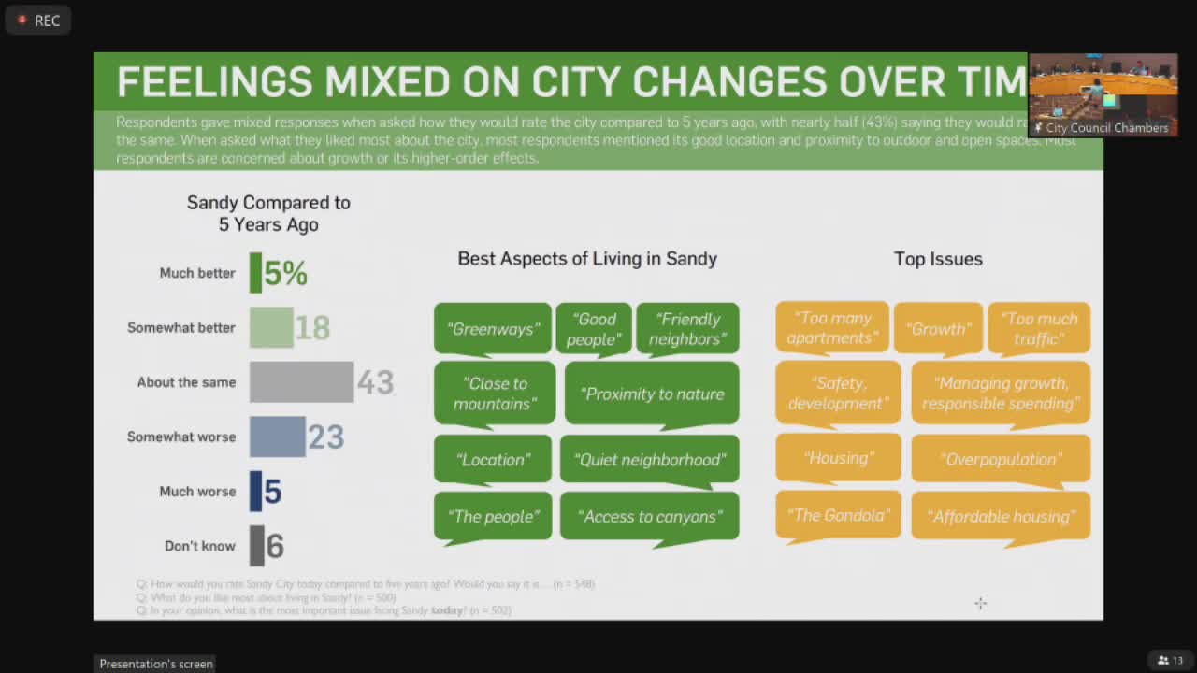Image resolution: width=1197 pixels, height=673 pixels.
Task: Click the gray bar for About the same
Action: [301, 382]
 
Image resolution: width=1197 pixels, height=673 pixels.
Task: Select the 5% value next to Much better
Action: [285, 273]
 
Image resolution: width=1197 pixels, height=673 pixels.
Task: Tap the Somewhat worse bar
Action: [277, 437]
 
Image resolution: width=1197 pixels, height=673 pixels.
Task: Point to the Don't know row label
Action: [200, 546]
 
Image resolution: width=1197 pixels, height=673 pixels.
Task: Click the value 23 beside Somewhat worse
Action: [326, 437]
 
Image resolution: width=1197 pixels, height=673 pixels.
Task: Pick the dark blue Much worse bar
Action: [255, 492]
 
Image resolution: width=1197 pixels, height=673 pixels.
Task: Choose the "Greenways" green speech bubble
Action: [493, 329]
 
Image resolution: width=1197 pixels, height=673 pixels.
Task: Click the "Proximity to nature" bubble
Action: [652, 394]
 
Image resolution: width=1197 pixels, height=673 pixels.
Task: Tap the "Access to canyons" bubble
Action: [649, 516]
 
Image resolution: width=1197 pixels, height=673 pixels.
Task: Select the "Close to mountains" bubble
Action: [495, 394]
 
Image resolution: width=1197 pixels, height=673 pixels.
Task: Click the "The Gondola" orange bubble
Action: [838, 515]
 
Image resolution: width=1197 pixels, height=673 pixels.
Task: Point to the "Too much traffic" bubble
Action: [1038, 328]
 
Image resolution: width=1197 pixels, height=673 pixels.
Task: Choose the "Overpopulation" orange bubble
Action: [1001, 459]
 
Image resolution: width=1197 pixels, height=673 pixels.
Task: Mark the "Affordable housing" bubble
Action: [1001, 516]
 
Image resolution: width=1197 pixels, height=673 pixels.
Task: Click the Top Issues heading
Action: [938, 259]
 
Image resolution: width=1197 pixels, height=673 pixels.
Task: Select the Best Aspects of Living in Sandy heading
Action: [587, 259]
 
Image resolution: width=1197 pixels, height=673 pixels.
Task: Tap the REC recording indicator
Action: [38, 20]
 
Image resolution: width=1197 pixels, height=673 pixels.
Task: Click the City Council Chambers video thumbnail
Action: [1103, 95]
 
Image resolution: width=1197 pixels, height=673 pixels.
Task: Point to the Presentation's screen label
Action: [156, 664]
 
